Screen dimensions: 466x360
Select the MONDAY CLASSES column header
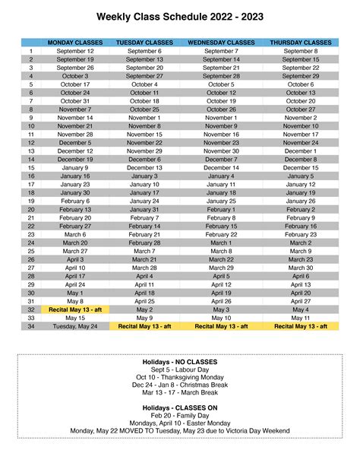[76, 43]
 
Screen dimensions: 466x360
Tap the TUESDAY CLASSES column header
[144, 43]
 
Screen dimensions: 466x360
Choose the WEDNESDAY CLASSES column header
[221, 43]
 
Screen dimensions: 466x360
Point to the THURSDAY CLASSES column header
[301, 43]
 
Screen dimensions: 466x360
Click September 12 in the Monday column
[76, 51]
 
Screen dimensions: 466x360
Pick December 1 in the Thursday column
[301, 151]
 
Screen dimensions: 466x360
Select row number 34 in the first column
[31, 326]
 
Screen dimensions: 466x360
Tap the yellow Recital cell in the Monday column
[76, 309]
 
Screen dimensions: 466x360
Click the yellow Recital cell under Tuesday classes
[144, 326]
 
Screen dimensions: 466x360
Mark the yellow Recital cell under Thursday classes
[301, 326]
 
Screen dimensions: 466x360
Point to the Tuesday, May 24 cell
[76, 326]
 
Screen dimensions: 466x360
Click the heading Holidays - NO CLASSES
[179, 361]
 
